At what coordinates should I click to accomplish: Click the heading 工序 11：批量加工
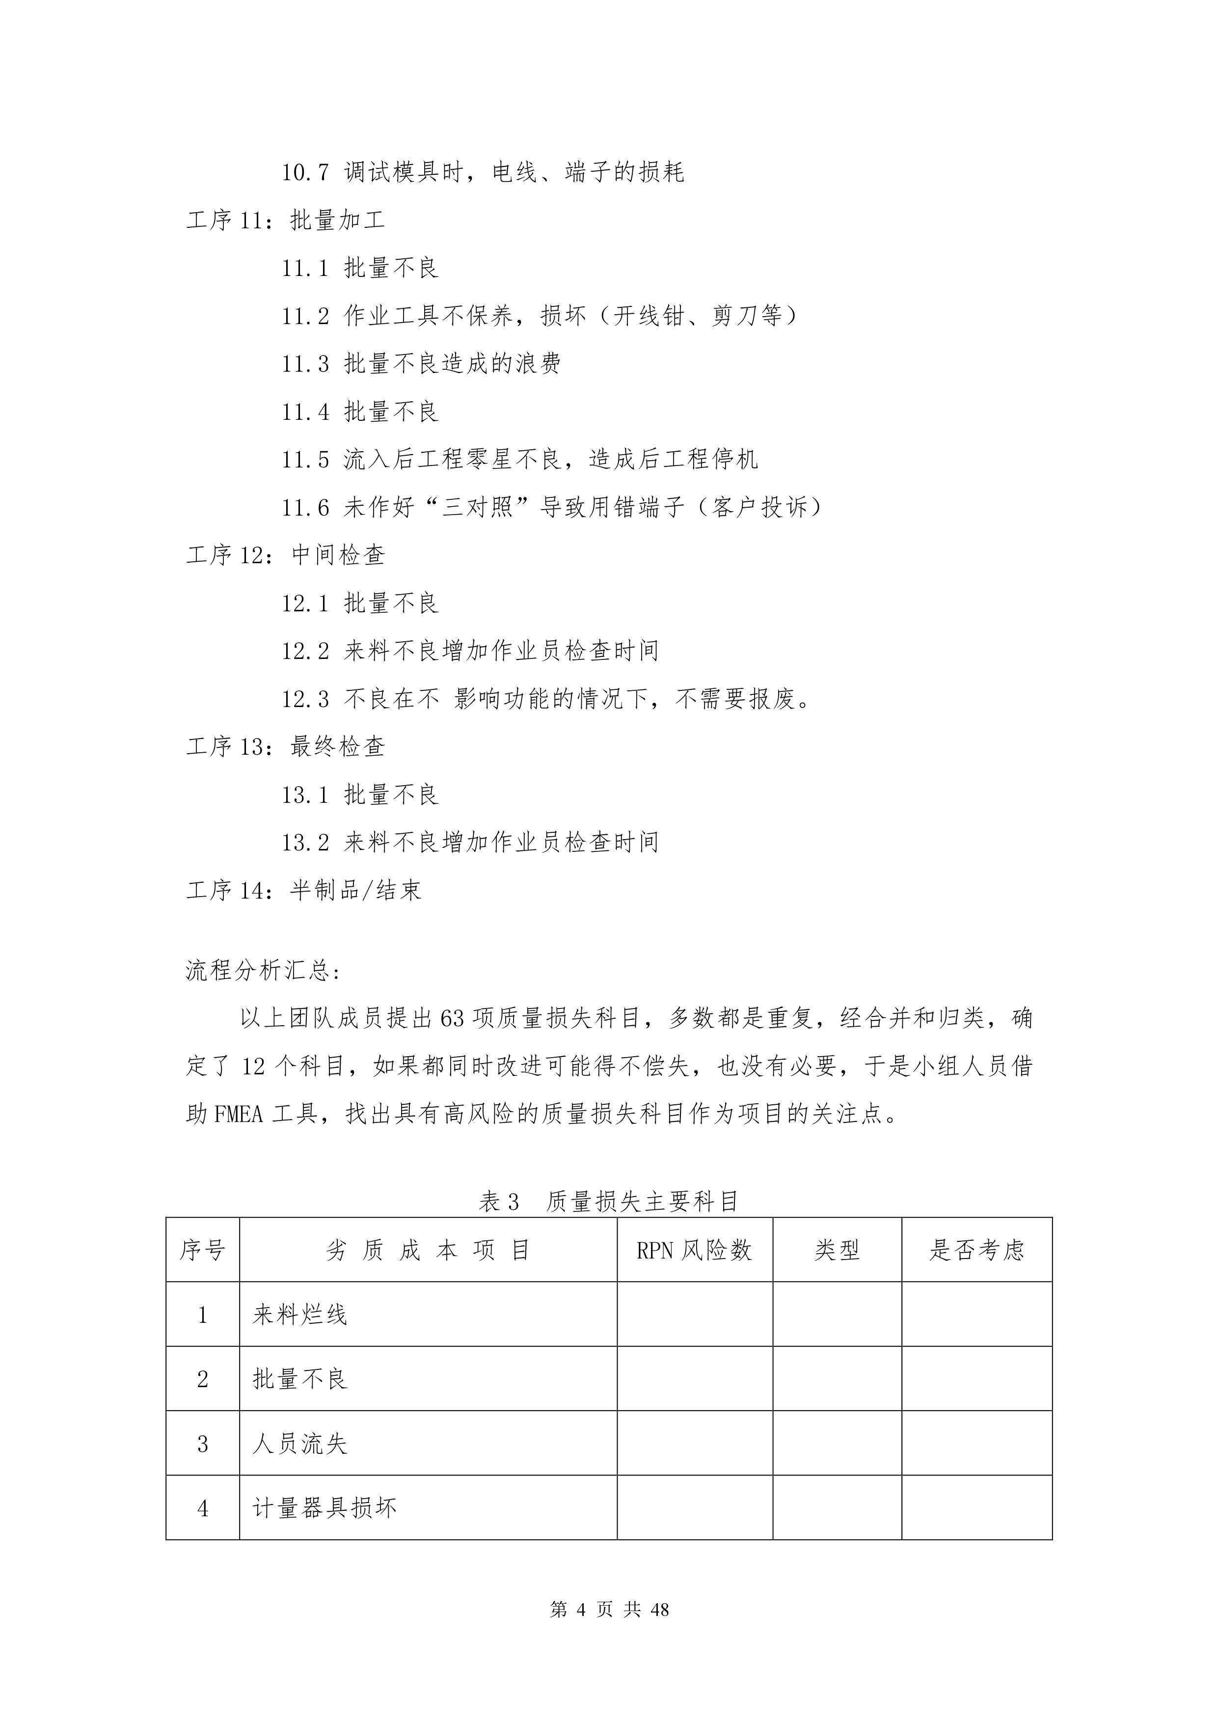click(285, 220)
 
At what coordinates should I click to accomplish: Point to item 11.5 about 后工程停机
click(519, 459)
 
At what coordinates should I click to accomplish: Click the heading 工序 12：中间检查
click(285, 555)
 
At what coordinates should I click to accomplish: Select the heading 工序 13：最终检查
click(285, 747)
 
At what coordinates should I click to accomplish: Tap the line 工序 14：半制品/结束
click(303, 891)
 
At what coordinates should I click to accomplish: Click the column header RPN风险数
click(694, 1250)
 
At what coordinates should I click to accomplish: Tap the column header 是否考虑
click(976, 1250)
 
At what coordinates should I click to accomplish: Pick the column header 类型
click(837, 1250)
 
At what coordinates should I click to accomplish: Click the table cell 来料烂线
click(300, 1315)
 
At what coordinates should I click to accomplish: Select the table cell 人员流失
click(300, 1444)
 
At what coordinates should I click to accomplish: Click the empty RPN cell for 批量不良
click(694, 1379)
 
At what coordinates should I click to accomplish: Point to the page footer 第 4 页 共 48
click(609, 1609)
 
